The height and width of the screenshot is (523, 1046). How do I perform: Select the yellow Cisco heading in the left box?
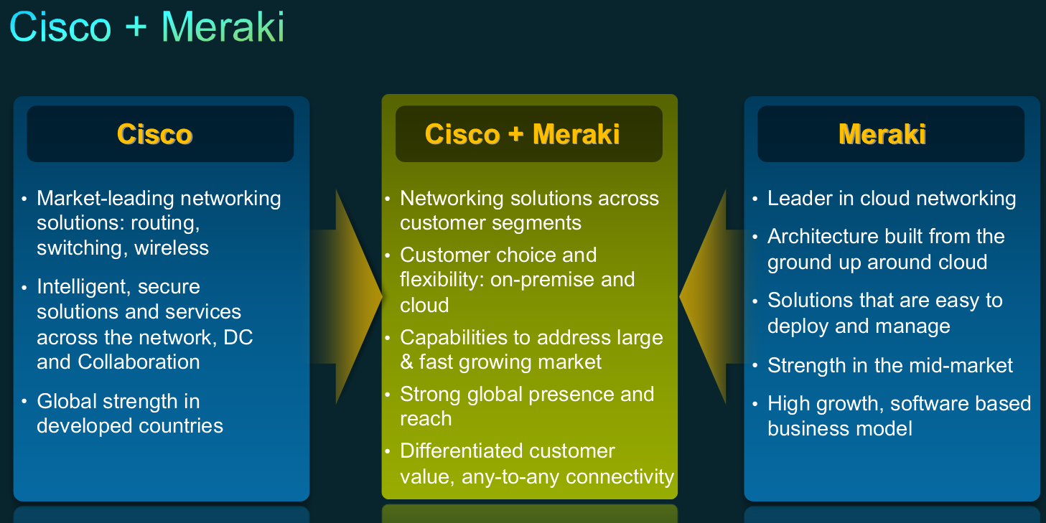click(154, 135)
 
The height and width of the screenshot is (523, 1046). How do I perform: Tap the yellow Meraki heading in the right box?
click(882, 135)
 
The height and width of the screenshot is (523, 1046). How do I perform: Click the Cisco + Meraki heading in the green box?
click(522, 135)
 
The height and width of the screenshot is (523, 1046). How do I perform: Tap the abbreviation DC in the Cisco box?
click(238, 337)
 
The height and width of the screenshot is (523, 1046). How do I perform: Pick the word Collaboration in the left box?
click(139, 362)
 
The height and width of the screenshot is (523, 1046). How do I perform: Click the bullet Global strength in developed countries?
click(129, 414)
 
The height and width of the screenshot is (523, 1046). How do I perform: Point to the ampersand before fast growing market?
click(407, 362)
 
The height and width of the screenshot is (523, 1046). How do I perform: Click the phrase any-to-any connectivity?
click(568, 476)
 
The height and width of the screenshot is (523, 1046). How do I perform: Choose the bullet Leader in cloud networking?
click(891, 199)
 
